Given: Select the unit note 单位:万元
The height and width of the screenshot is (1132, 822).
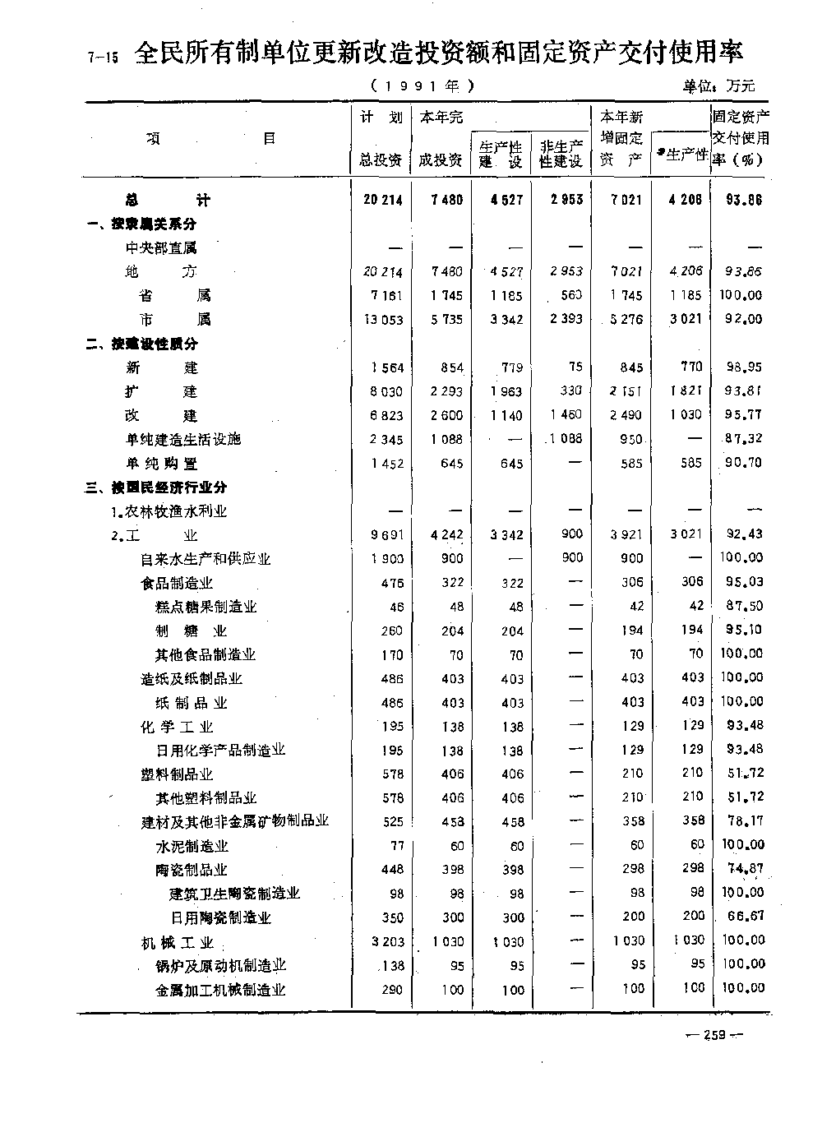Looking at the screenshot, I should [x=718, y=85].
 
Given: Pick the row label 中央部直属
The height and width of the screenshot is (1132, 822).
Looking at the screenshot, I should [x=161, y=247].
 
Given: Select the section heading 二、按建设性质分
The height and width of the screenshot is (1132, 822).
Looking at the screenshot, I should [x=142, y=344].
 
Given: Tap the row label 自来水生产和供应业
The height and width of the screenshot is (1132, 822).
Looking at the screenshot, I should [x=205, y=559].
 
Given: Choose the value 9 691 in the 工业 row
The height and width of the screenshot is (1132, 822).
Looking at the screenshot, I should [x=386, y=534].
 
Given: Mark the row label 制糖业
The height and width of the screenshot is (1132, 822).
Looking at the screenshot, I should [x=191, y=631].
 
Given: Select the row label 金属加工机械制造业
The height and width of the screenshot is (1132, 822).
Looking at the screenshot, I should [x=220, y=990].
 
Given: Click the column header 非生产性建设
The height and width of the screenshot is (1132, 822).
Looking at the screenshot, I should [x=561, y=154].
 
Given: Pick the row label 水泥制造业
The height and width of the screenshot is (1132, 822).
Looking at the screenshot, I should [x=192, y=846].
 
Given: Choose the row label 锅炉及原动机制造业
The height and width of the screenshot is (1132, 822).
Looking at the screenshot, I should [x=220, y=965].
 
